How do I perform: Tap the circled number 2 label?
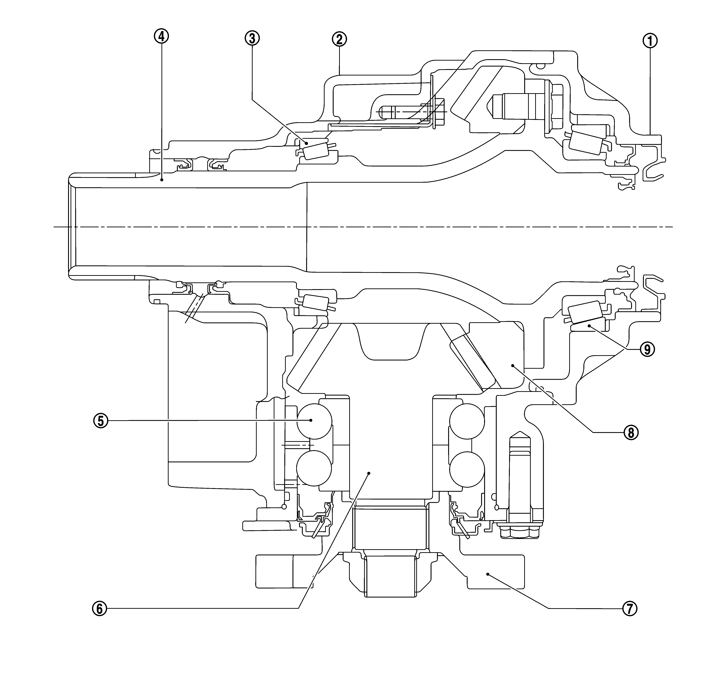pos(339,39)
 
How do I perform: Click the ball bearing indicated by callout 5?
pos(314,420)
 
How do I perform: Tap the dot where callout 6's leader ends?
pos(369,473)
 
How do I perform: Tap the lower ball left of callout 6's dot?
pos(314,468)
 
